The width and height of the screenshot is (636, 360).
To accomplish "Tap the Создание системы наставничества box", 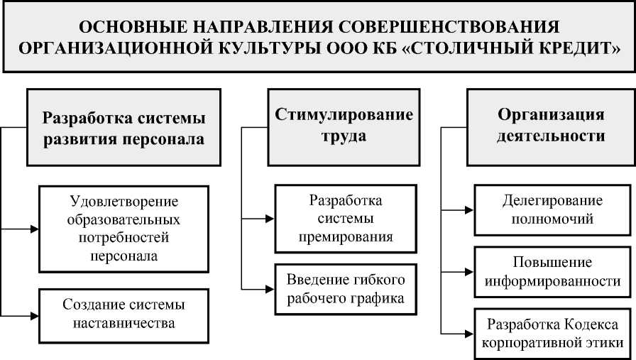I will [x=124, y=314].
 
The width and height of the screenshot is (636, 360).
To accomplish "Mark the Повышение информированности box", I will [x=552, y=272].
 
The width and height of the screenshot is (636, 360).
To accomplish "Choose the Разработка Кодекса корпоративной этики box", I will [x=552, y=333].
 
